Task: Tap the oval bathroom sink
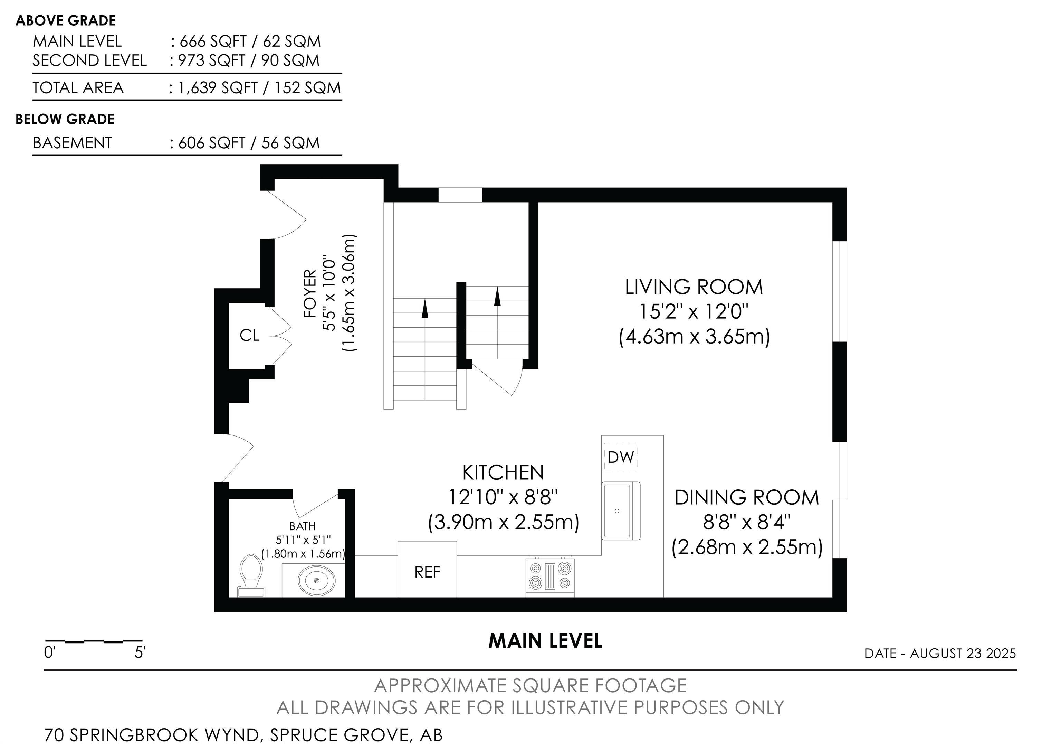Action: pyautogui.click(x=317, y=580)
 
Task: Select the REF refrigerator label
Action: pyautogui.click(x=427, y=572)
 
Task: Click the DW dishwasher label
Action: pyautogui.click(x=621, y=457)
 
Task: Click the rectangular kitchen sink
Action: pyautogui.click(x=621, y=510)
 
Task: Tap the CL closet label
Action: pyautogui.click(x=250, y=335)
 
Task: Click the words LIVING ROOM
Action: pyautogui.click(x=694, y=287)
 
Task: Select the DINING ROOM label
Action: pyautogui.click(x=747, y=498)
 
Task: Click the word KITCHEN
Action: pyautogui.click(x=503, y=472)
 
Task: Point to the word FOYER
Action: pyautogui.click(x=310, y=294)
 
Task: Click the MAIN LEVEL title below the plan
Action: pyautogui.click(x=545, y=641)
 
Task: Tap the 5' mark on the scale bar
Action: pyautogui.click(x=140, y=653)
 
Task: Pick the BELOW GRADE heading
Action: pyautogui.click(x=65, y=119)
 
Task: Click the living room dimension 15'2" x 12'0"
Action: pyautogui.click(x=694, y=312)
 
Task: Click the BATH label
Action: pyautogui.click(x=303, y=526)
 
